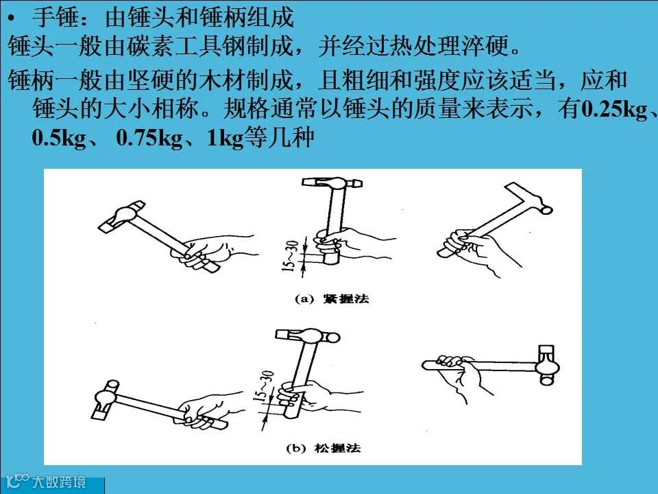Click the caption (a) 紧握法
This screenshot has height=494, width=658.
click(x=332, y=298)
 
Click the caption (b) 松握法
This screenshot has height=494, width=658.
click(x=323, y=448)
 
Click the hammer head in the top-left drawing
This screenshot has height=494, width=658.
click(x=122, y=217)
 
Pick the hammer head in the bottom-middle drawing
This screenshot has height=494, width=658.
click(x=308, y=336)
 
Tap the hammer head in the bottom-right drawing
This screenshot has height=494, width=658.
click(x=547, y=364)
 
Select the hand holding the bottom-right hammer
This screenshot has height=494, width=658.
click(x=461, y=375)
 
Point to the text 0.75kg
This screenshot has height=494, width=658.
click(x=149, y=138)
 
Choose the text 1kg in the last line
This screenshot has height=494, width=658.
click(x=226, y=138)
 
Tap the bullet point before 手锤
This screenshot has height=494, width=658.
click(x=12, y=19)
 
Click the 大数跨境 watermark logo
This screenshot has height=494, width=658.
click(x=47, y=482)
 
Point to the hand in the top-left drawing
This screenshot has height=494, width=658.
click(x=210, y=252)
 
